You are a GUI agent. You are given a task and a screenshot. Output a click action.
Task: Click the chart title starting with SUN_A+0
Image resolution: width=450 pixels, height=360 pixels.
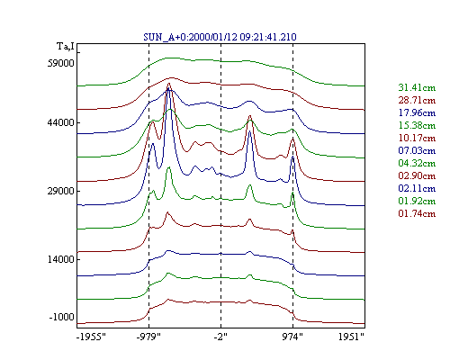220,37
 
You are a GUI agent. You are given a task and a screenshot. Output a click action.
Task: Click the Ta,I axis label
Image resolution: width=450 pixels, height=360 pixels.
66,47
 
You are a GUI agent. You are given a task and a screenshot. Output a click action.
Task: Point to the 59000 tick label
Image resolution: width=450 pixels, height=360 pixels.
61,63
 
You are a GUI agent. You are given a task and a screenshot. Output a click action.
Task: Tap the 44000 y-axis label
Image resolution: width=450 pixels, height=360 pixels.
61,122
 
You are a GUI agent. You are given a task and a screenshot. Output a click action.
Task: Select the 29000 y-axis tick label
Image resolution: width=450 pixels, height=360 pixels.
61,191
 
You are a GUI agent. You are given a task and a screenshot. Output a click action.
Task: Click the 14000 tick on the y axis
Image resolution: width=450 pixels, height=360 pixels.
61,259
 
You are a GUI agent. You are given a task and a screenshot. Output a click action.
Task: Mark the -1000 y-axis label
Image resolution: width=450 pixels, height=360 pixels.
61,317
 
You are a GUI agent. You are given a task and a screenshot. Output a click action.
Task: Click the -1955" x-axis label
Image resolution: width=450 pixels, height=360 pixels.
91,337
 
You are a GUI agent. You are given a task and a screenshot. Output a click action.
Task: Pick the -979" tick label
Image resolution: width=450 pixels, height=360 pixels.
148,337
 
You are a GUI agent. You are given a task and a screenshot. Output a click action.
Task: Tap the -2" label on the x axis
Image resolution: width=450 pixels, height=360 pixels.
220,337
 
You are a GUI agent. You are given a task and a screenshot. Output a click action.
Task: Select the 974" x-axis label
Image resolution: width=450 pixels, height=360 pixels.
292,337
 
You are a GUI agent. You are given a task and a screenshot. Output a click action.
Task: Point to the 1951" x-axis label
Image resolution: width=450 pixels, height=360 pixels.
351,337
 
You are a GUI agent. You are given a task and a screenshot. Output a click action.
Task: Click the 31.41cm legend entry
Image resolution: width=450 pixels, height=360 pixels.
417,87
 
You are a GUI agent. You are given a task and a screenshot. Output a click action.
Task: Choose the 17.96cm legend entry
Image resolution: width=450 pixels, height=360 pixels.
417,112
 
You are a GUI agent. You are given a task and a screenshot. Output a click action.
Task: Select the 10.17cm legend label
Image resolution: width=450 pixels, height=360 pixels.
417,138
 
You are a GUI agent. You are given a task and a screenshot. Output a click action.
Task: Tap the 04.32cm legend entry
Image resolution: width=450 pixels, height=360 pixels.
417,163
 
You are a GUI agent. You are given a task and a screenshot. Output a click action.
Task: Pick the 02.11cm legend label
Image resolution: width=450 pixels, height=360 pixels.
417,188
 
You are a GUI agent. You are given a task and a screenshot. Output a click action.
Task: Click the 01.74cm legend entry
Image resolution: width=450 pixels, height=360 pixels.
417,213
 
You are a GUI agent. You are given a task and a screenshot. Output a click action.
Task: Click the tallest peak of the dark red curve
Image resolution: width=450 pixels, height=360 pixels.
168,84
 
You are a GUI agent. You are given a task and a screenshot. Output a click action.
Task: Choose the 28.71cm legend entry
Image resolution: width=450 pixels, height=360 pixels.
417,100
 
